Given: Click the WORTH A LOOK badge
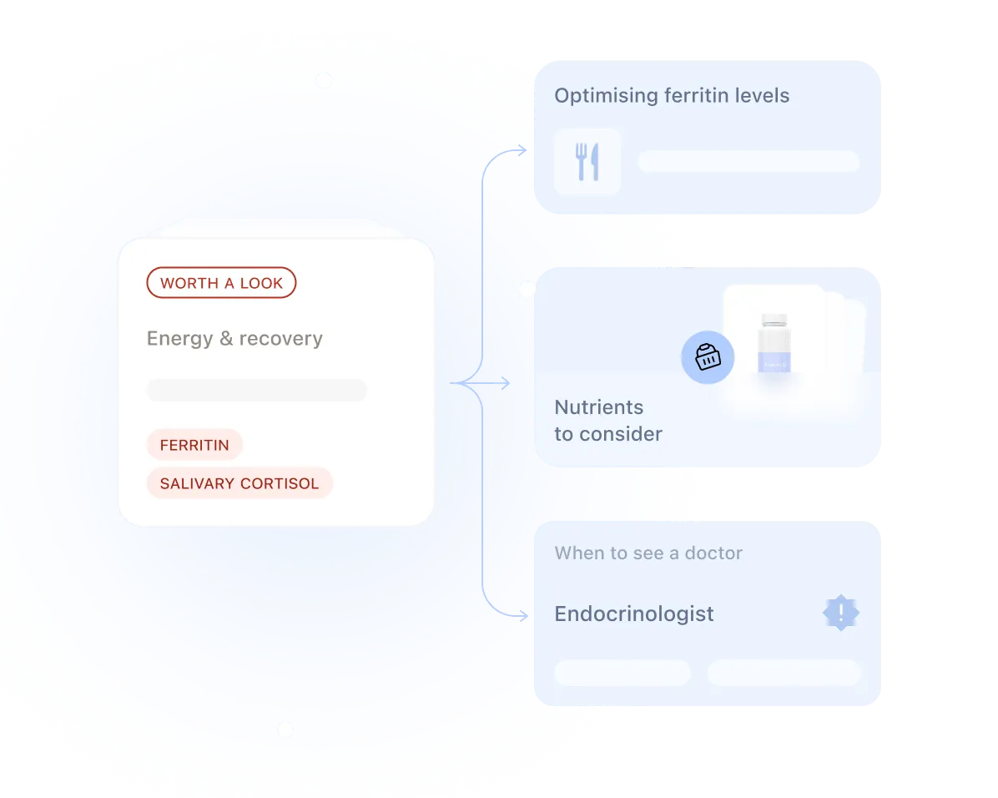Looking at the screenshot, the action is [221, 283].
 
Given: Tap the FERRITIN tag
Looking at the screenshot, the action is [194, 445].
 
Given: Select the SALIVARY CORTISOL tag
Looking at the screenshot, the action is [239, 483].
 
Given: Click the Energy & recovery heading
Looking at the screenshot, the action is [234, 338].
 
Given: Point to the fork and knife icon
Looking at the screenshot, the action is [587, 162].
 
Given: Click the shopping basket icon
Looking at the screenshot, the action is [708, 357].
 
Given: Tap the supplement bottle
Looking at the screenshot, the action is [774, 342].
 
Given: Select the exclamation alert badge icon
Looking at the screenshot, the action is [841, 613].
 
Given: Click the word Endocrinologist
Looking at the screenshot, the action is [634, 614].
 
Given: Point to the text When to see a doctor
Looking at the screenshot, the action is [648, 553].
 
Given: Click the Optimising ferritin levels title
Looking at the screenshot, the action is [672, 95].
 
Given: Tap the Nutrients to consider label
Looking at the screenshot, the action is [607, 421].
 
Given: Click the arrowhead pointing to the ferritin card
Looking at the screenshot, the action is [522, 150].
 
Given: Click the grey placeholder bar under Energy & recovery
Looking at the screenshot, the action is [256, 390].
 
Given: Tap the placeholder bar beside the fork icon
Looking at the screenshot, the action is [748, 162].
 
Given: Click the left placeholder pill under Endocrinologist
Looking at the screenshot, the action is [622, 673].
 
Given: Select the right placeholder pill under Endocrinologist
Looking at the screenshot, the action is [784, 673].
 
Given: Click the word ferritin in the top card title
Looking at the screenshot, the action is [696, 95].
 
